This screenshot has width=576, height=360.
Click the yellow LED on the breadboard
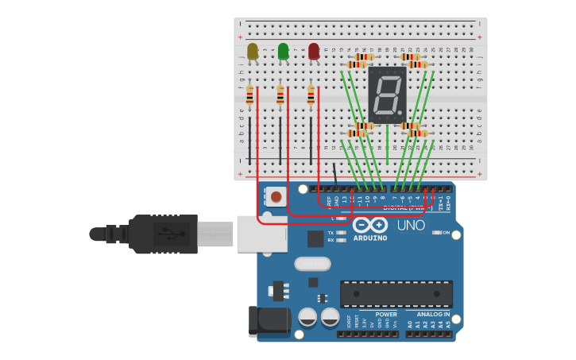[x=253, y=52]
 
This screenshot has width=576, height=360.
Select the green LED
[x=284, y=52]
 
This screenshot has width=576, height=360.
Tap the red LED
[x=314, y=52]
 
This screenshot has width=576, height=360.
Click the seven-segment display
[x=387, y=95]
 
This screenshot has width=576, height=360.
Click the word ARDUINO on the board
[x=370, y=238]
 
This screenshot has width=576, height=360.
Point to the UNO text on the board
[x=411, y=226]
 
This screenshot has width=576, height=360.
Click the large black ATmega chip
[x=396, y=293]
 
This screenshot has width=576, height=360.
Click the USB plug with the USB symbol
[x=164, y=234]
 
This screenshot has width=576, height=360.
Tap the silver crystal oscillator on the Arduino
[x=312, y=264]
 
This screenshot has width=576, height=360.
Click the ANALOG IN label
[x=433, y=315]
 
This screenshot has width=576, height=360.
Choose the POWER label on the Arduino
[x=386, y=315]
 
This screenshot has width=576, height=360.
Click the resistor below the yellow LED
[x=249, y=95]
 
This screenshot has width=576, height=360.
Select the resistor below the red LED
[x=311, y=95]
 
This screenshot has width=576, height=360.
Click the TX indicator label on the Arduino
[x=331, y=233]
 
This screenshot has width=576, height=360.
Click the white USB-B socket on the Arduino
[x=261, y=233]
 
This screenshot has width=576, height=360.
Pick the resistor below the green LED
[x=280, y=95]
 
